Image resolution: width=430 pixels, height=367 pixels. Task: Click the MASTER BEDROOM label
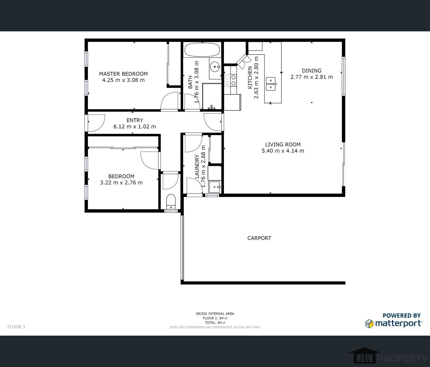(123, 74)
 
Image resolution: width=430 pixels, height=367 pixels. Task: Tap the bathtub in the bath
(202, 50)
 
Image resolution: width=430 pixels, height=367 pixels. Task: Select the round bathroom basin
(215, 67)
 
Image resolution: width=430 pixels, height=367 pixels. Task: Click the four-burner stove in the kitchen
(230, 80)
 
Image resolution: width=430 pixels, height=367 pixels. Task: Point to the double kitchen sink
(271, 84)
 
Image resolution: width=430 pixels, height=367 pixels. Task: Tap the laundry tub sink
(215, 187)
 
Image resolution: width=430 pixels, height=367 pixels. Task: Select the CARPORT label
(259, 238)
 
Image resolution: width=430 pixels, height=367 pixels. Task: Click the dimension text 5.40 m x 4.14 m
(283, 151)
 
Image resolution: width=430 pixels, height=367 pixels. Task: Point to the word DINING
(312, 71)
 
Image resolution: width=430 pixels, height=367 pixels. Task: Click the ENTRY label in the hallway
(135, 120)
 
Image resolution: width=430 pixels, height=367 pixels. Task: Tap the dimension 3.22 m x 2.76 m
(121, 182)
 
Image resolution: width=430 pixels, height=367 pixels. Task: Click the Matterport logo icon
(369, 323)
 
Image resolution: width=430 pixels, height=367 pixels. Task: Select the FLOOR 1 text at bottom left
(16, 327)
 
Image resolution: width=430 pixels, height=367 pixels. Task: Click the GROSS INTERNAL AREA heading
(215, 314)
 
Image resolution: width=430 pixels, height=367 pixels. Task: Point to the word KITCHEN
(250, 78)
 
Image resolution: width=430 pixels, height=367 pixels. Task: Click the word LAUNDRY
(197, 167)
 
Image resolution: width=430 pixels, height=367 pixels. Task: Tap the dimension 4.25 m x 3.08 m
(123, 80)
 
